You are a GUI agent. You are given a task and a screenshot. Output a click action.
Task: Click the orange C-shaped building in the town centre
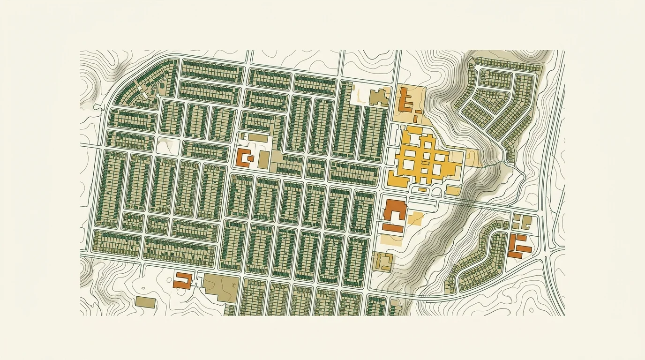[x=243, y=157]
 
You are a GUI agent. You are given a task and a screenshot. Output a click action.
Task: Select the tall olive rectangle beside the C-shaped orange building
[x=263, y=160]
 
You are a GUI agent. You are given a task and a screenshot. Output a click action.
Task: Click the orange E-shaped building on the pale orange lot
[x=405, y=100]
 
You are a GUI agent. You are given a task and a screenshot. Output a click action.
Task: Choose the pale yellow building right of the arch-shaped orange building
[x=415, y=217]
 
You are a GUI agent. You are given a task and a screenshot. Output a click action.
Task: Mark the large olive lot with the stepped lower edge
[x=220, y=287]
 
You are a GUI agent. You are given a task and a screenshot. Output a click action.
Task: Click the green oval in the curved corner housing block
[x=162, y=87]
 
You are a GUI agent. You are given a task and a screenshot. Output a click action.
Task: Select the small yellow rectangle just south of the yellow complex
[x=422, y=189]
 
